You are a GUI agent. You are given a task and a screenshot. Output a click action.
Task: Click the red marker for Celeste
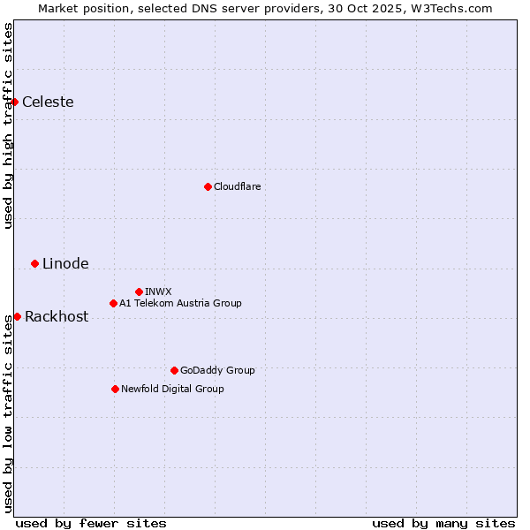pos(15,102)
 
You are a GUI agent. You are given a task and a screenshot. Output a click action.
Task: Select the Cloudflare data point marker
pos(208,186)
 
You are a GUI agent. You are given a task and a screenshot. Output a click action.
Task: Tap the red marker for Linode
pos(35,263)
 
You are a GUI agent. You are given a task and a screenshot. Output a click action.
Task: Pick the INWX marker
pos(139,291)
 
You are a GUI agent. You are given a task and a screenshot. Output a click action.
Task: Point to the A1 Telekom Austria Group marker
pos(113,303)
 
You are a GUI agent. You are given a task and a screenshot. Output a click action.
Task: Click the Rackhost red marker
pos(17,316)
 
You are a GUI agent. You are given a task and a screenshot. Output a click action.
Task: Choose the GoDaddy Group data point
pos(174,370)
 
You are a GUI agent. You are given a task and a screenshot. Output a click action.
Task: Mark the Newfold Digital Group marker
pos(115,389)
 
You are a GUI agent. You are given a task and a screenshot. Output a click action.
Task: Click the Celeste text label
pos(48,102)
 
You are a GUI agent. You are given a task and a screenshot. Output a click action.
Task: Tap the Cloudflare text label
pos(237,186)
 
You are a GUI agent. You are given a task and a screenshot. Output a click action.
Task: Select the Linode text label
pos(65,263)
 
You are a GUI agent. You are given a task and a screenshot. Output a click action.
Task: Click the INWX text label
pos(158,291)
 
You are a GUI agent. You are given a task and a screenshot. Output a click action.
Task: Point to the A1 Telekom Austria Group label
pos(180,303)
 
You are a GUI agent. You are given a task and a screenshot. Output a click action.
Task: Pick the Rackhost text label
pos(57,316)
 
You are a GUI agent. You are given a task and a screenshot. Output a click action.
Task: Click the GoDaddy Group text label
pos(217,370)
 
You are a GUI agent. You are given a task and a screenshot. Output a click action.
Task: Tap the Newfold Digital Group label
pos(172,389)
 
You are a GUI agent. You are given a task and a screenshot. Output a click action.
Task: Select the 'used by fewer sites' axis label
pos(91,523)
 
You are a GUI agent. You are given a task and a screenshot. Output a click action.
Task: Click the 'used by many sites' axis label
pos(443,523)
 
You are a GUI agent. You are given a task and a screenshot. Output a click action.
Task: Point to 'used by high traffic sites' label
pos(9,125)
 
